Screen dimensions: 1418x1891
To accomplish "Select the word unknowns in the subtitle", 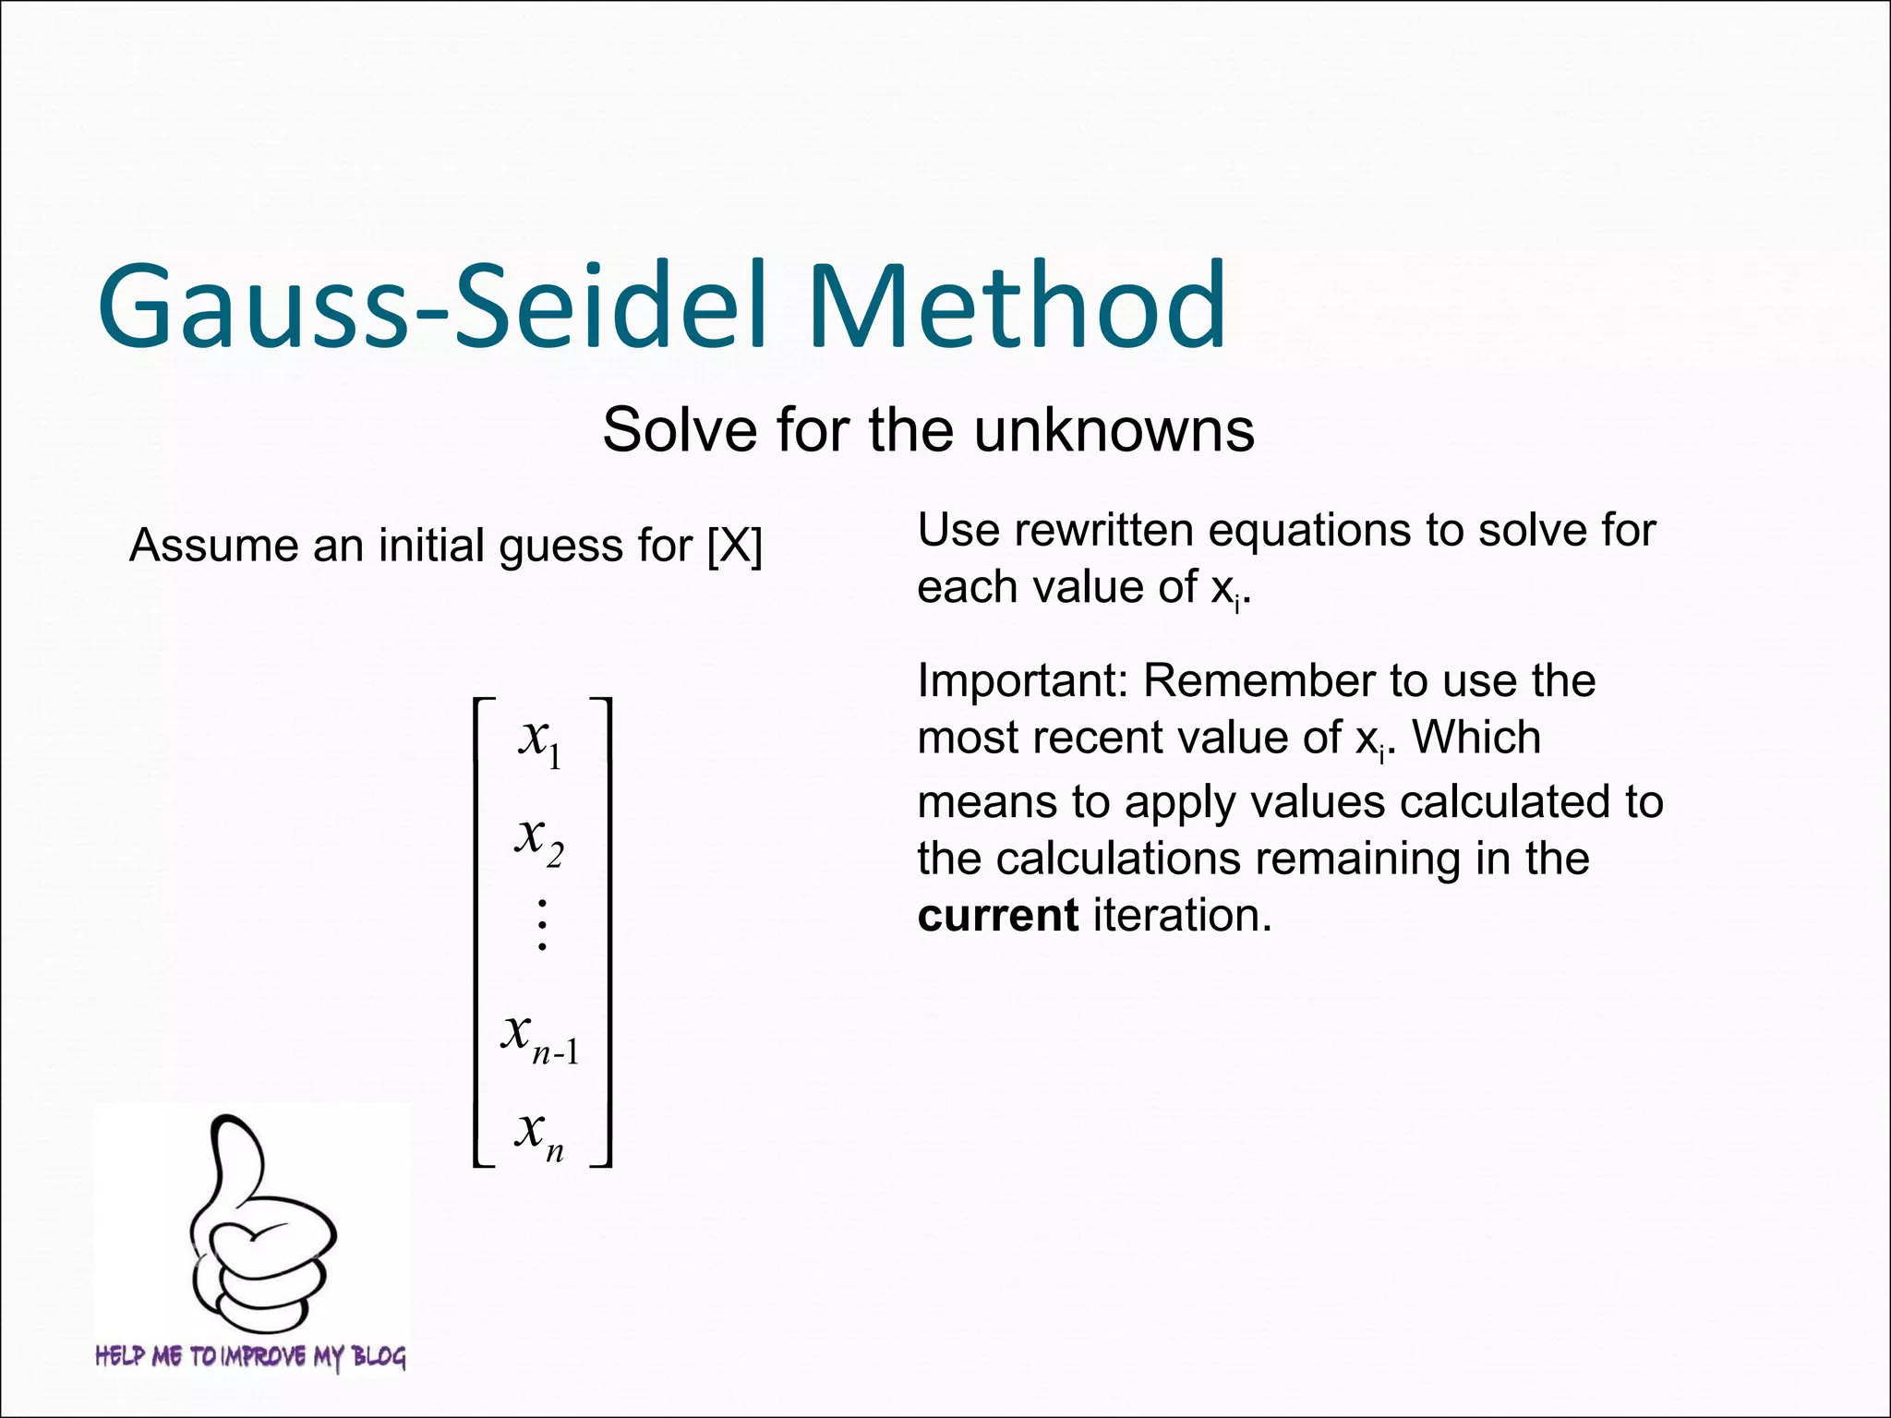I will [x=1114, y=431].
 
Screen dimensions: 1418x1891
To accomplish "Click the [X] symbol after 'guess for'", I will [x=735, y=546].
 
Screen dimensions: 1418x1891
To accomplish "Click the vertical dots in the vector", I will [x=542, y=924].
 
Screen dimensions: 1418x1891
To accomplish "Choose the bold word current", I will [x=997, y=916].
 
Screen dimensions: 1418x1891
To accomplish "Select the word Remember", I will [x=1259, y=681].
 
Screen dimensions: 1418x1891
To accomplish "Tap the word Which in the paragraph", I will [x=1476, y=738].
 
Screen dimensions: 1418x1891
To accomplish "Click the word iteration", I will [x=1182, y=916].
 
